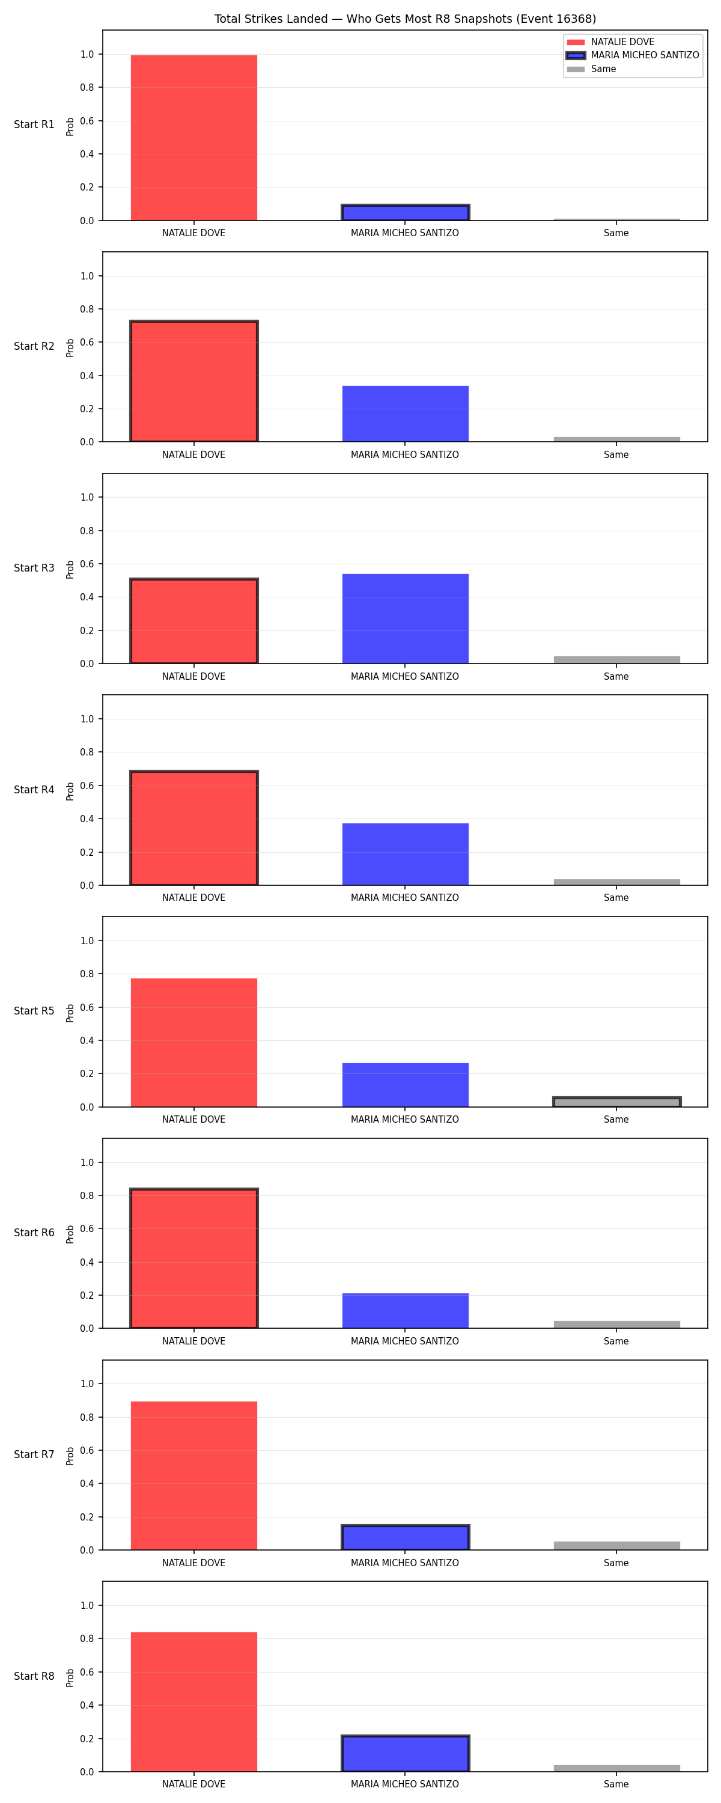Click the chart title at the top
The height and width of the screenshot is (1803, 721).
[x=404, y=19]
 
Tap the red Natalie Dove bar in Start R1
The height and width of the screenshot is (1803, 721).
[x=194, y=138]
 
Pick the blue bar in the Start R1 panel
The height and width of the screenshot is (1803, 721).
[x=406, y=213]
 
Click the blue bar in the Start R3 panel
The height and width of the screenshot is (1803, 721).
[x=406, y=619]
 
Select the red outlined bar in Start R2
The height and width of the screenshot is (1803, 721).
[x=194, y=382]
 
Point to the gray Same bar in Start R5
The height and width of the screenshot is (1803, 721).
[x=616, y=1102]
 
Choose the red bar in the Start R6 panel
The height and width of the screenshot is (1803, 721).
[x=194, y=1258]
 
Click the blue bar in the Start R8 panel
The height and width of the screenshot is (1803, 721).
[x=406, y=1753]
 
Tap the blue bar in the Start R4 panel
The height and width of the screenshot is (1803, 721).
[x=406, y=855]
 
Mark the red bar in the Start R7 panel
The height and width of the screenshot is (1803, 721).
[x=194, y=1475]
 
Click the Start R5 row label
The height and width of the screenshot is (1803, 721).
[x=34, y=1011]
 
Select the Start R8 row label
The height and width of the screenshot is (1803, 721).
[x=34, y=1676]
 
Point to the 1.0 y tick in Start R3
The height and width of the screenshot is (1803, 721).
[x=87, y=498]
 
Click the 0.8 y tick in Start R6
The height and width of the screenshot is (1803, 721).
[x=87, y=1195]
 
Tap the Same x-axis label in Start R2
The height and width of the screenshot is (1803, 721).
[x=616, y=455]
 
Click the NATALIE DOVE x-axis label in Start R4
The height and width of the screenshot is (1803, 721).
[x=194, y=898]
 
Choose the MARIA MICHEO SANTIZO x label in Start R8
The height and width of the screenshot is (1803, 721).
[x=404, y=1784]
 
